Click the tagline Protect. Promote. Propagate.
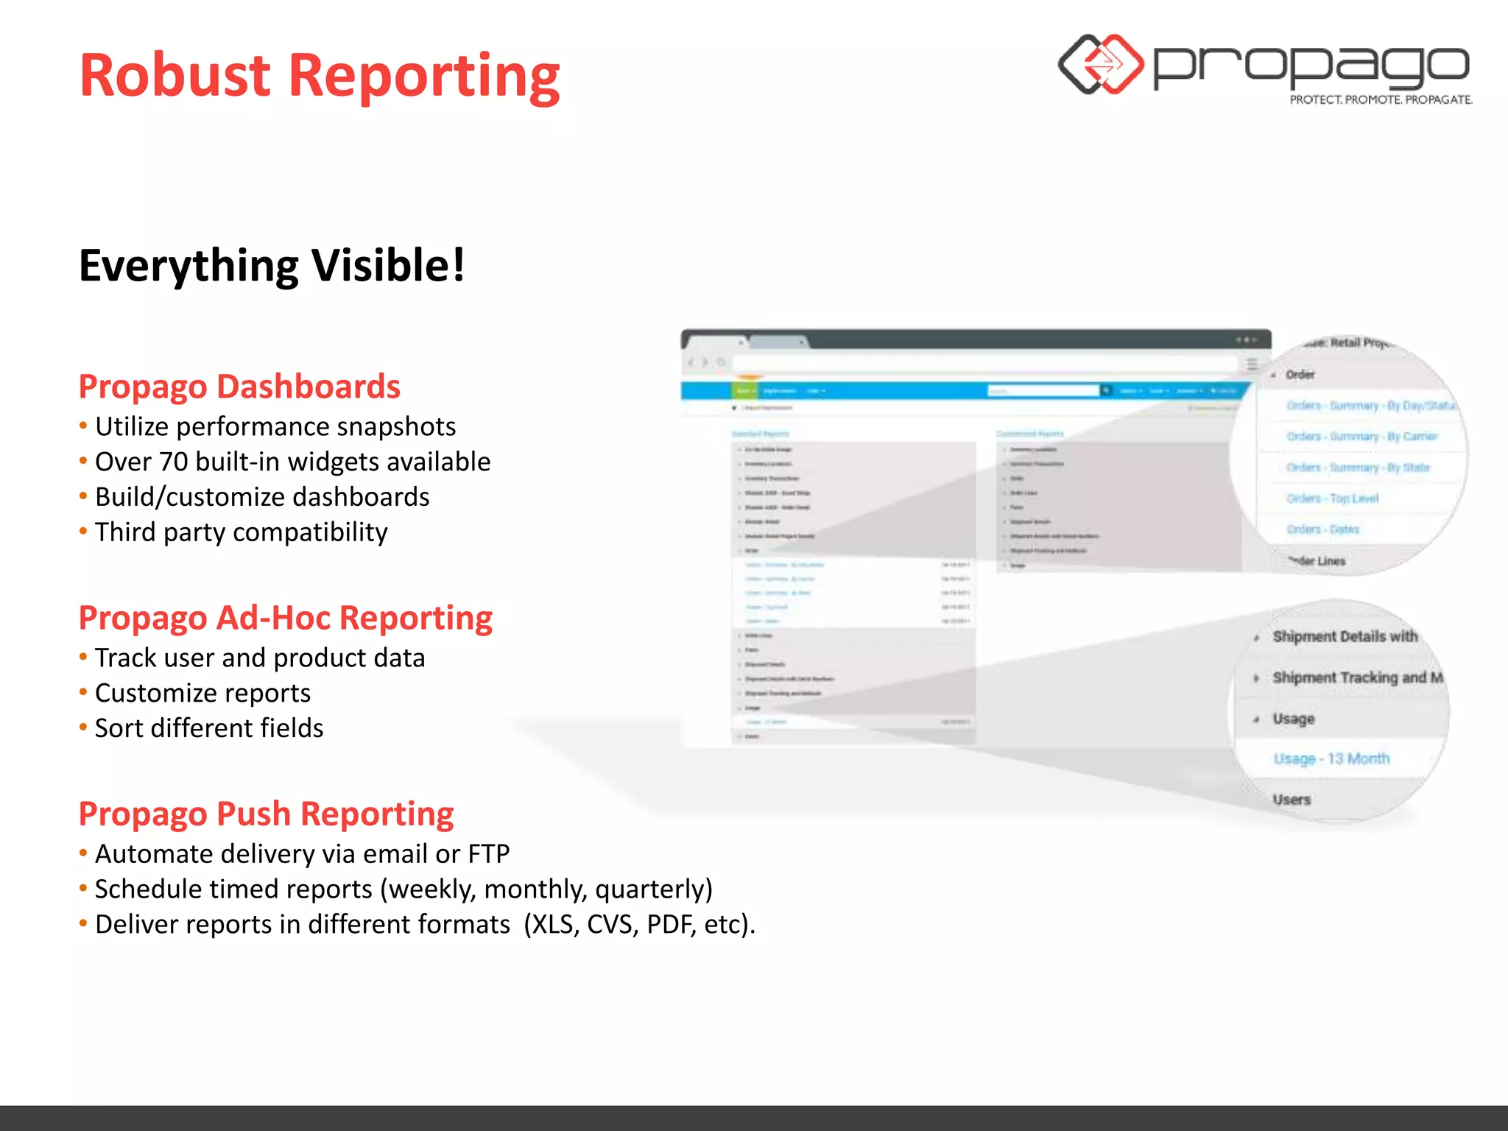pyautogui.click(x=1381, y=99)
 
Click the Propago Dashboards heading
pyautogui.click(x=239, y=387)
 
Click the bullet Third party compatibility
pyautogui.click(x=241, y=532)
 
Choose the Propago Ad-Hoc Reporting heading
pyautogui.click(x=285, y=618)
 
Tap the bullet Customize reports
pyautogui.click(x=202, y=693)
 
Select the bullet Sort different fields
pyautogui.click(x=209, y=728)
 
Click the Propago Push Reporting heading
pyautogui.click(x=266, y=814)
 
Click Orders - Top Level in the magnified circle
pyautogui.click(x=1332, y=498)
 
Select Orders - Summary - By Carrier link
pyautogui.click(x=1361, y=437)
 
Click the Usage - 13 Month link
pyautogui.click(x=1331, y=758)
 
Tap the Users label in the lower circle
pyautogui.click(x=1292, y=800)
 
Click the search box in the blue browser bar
pyautogui.click(x=1043, y=391)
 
